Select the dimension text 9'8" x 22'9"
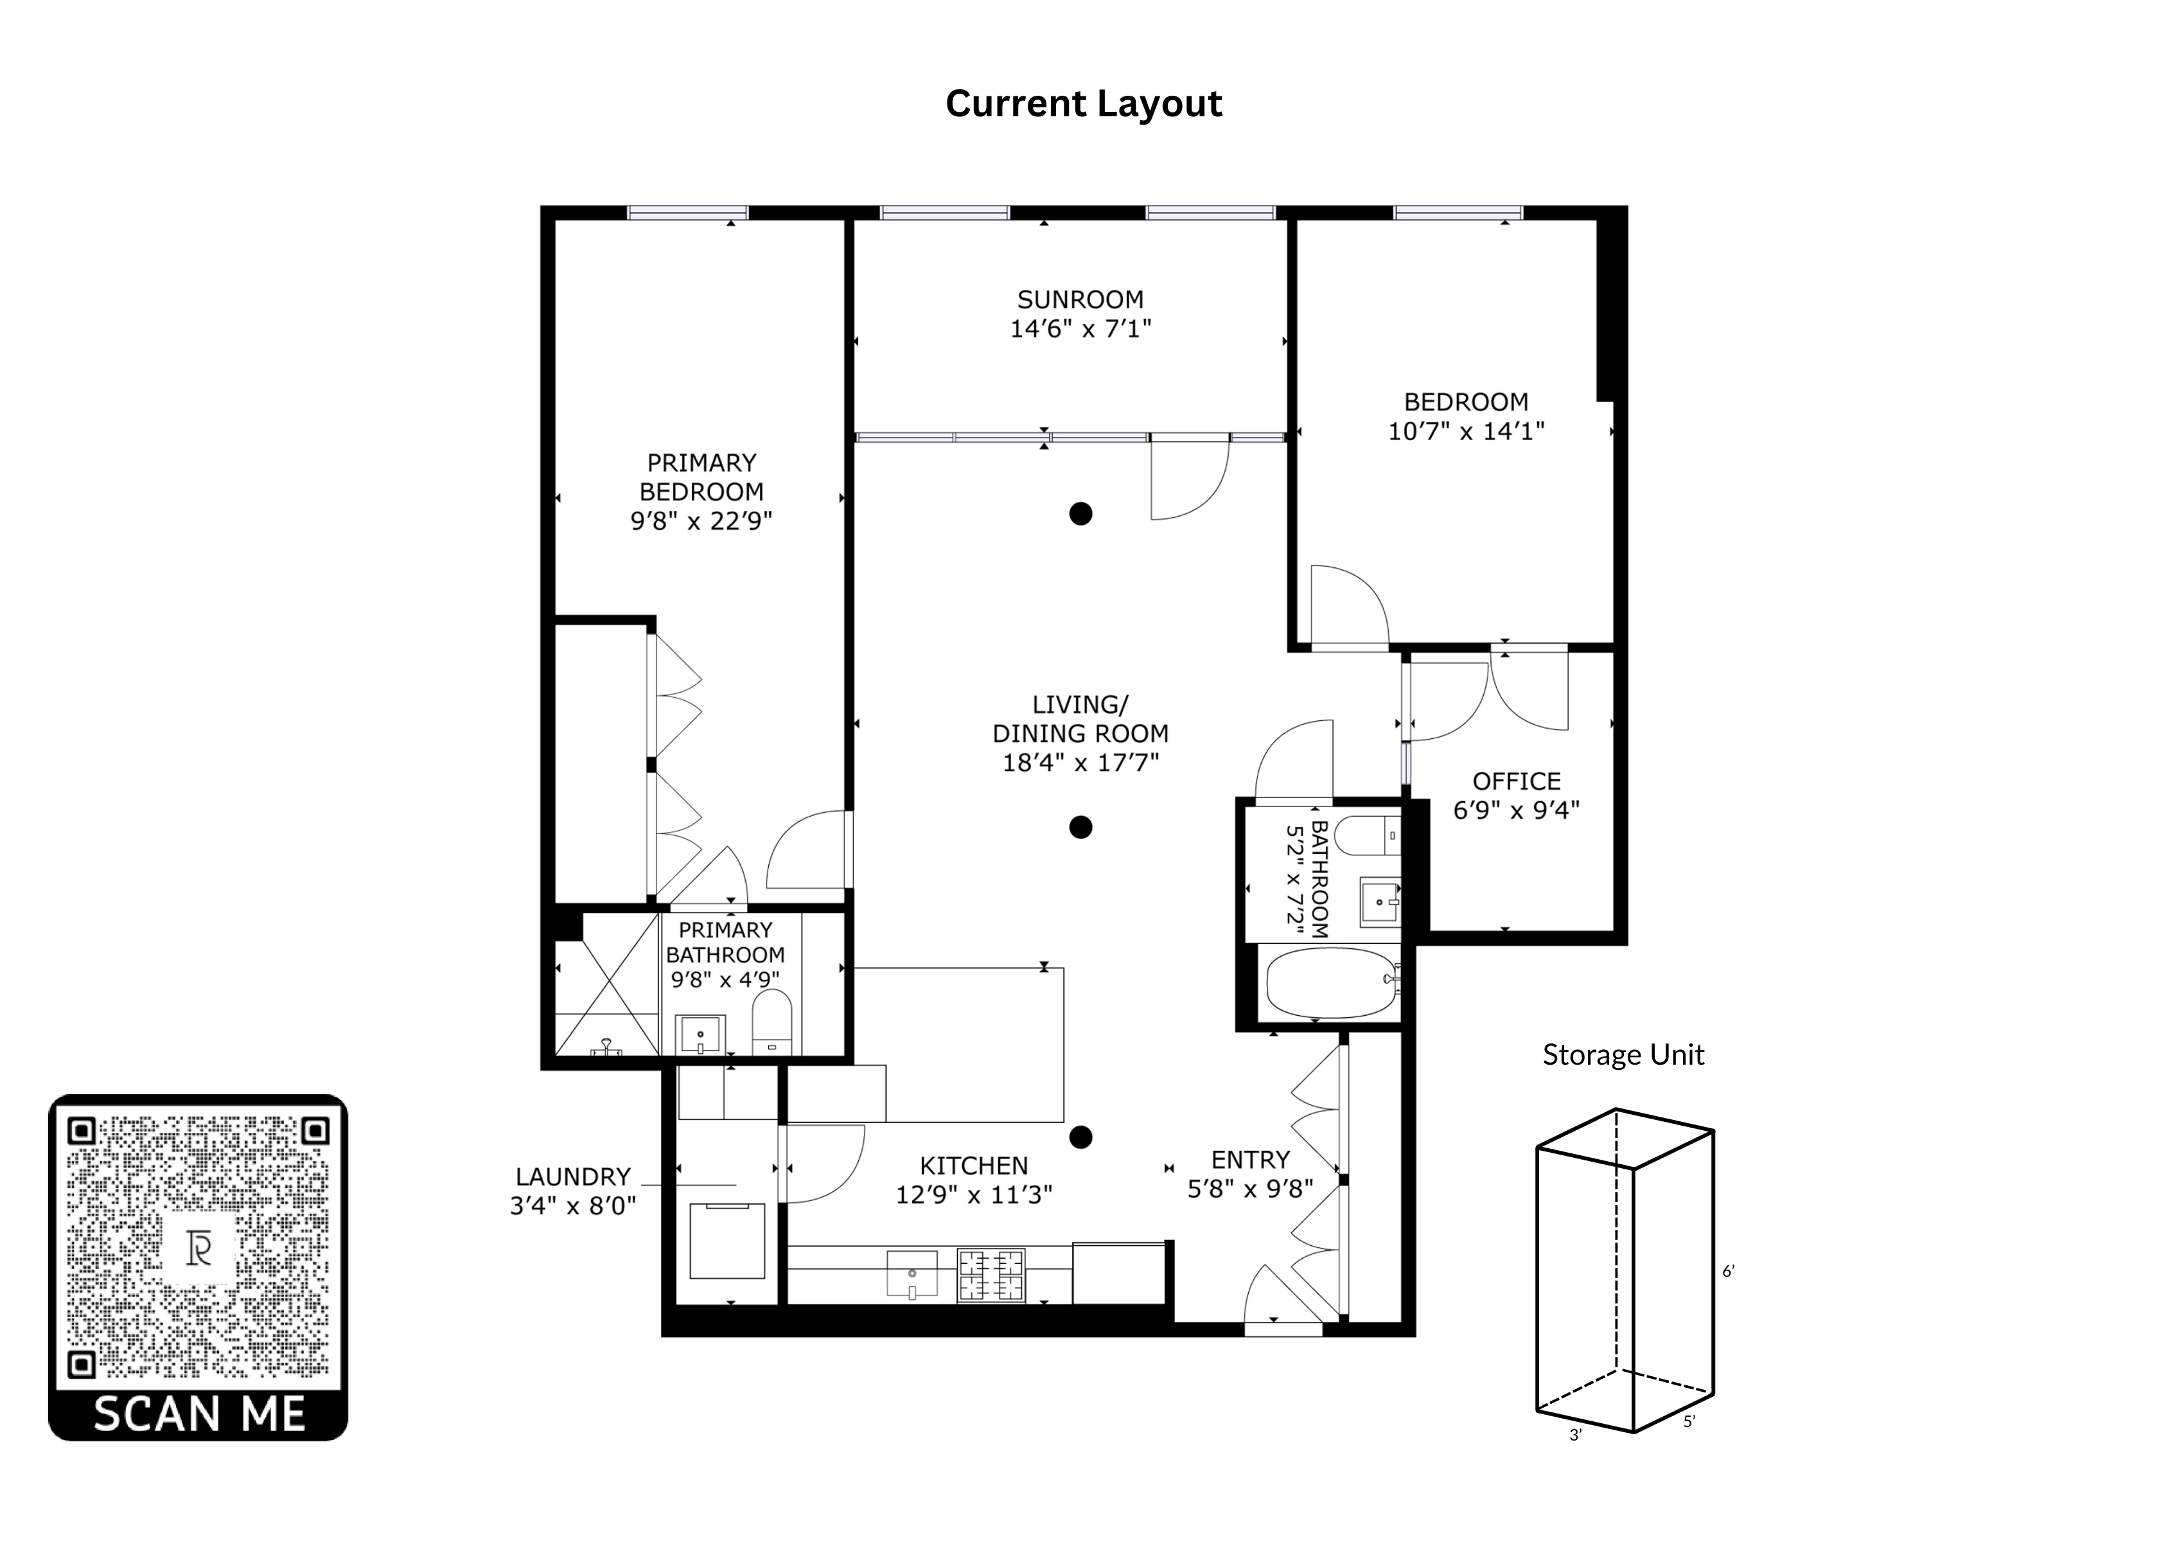pyautogui.click(x=701, y=521)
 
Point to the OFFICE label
pyautogui.click(x=1517, y=781)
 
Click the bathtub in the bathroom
pyautogui.click(x=1330, y=983)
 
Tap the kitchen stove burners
pyautogui.click(x=991, y=1275)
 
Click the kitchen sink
pyautogui.click(x=912, y=1274)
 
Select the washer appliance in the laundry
pyautogui.click(x=727, y=1241)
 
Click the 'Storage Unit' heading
pyautogui.click(x=1623, y=1054)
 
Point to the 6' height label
pyautogui.click(x=1729, y=1271)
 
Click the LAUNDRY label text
pyautogui.click(x=573, y=1177)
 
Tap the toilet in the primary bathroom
pyautogui.click(x=771, y=1022)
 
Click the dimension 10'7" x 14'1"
pyautogui.click(x=1467, y=432)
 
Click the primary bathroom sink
pyautogui.click(x=700, y=1034)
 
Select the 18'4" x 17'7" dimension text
pyautogui.click(x=1080, y=763)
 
